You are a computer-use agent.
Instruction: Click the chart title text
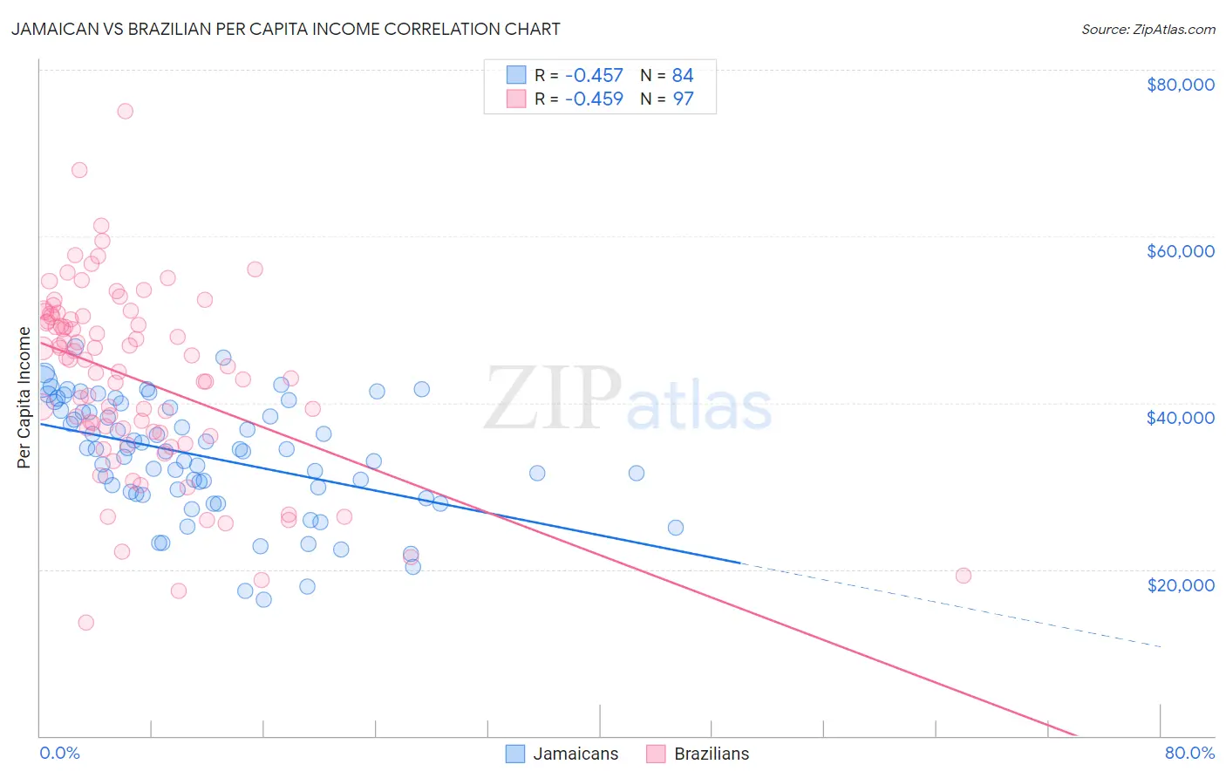[286, 29]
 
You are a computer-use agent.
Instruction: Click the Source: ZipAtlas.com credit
[1148, 29]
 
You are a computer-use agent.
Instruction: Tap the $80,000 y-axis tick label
[1180, 85]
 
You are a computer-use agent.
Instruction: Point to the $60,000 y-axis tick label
[1180, 251]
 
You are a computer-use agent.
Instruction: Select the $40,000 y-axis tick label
[1180, 418]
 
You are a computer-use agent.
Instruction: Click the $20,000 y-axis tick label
[1180, 584]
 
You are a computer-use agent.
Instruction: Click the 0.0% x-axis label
[59, 753]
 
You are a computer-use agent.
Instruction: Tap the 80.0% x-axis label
[1189, 753]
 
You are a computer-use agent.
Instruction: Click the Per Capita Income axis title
[24, 397]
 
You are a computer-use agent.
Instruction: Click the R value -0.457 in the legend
[594, 75]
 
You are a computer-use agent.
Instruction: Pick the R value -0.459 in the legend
[594, 99]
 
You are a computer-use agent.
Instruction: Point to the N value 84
[683, 75]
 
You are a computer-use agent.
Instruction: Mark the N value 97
[683, 99]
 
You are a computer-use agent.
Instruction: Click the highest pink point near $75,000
[125, 111]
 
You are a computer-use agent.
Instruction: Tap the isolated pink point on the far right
[964, 576]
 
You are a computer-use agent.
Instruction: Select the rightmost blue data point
[676, 528]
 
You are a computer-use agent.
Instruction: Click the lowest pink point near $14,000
[85, 623]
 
